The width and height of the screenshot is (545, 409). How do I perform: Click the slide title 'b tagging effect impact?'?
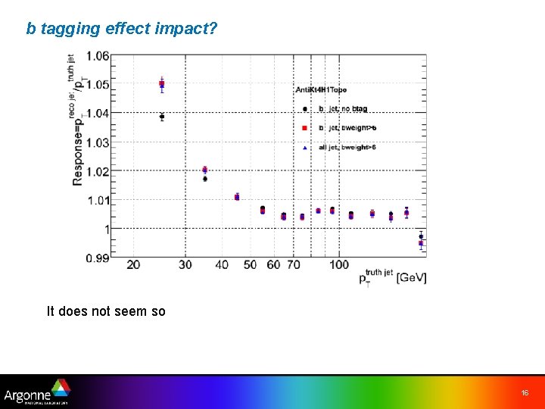122,29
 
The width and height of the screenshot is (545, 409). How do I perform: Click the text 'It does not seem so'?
106,311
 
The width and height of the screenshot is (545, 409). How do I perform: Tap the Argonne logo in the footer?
36,392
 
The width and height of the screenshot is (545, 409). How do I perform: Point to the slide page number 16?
525,393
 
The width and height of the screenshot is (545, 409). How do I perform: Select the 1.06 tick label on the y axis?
97,55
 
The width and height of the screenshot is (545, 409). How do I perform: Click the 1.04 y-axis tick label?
97,113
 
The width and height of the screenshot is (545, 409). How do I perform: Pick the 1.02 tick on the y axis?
97,171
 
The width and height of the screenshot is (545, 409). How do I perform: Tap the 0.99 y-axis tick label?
97,258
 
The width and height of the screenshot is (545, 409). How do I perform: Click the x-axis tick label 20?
133,265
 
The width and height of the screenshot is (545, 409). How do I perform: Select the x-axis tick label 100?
339,265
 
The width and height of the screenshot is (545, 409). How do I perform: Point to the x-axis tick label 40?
221,265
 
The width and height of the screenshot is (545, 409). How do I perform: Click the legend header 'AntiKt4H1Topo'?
321,90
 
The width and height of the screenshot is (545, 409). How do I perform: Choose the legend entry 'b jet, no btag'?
344,109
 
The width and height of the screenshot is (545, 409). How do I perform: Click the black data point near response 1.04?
161,117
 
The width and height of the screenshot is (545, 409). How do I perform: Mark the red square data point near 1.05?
161,83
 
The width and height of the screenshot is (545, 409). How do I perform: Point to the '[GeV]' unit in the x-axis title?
412,279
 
